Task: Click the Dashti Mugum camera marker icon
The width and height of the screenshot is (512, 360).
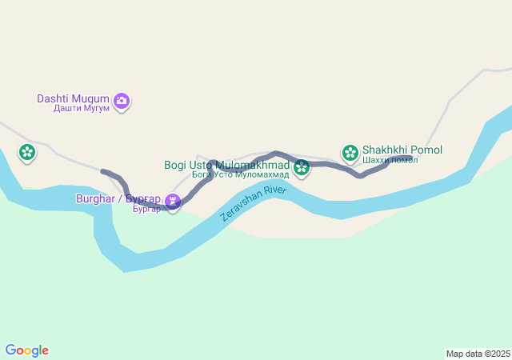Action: point(122,101)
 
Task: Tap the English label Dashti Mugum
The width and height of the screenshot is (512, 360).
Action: point(73,99)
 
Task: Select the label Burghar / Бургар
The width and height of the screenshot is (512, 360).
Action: point(118,198)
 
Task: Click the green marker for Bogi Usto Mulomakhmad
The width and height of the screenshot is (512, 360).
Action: point(302,167)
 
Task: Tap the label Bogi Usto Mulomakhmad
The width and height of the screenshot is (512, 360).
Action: point(226,165)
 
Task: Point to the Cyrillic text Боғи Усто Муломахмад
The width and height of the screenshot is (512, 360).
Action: point(240,174)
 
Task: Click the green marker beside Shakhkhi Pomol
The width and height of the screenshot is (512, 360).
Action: point(350,151)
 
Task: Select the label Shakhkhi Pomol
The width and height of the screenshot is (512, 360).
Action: point(402,150)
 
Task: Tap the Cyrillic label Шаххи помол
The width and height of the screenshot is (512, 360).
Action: point(390,160)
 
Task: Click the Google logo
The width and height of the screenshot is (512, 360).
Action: point(26,350)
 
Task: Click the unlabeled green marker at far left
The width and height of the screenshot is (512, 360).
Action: point(27,152)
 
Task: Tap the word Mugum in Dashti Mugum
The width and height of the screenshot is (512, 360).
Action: point(93,99)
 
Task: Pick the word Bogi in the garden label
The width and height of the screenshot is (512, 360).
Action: point(174,165)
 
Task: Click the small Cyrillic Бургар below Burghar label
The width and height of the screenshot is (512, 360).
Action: point(146,209)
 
